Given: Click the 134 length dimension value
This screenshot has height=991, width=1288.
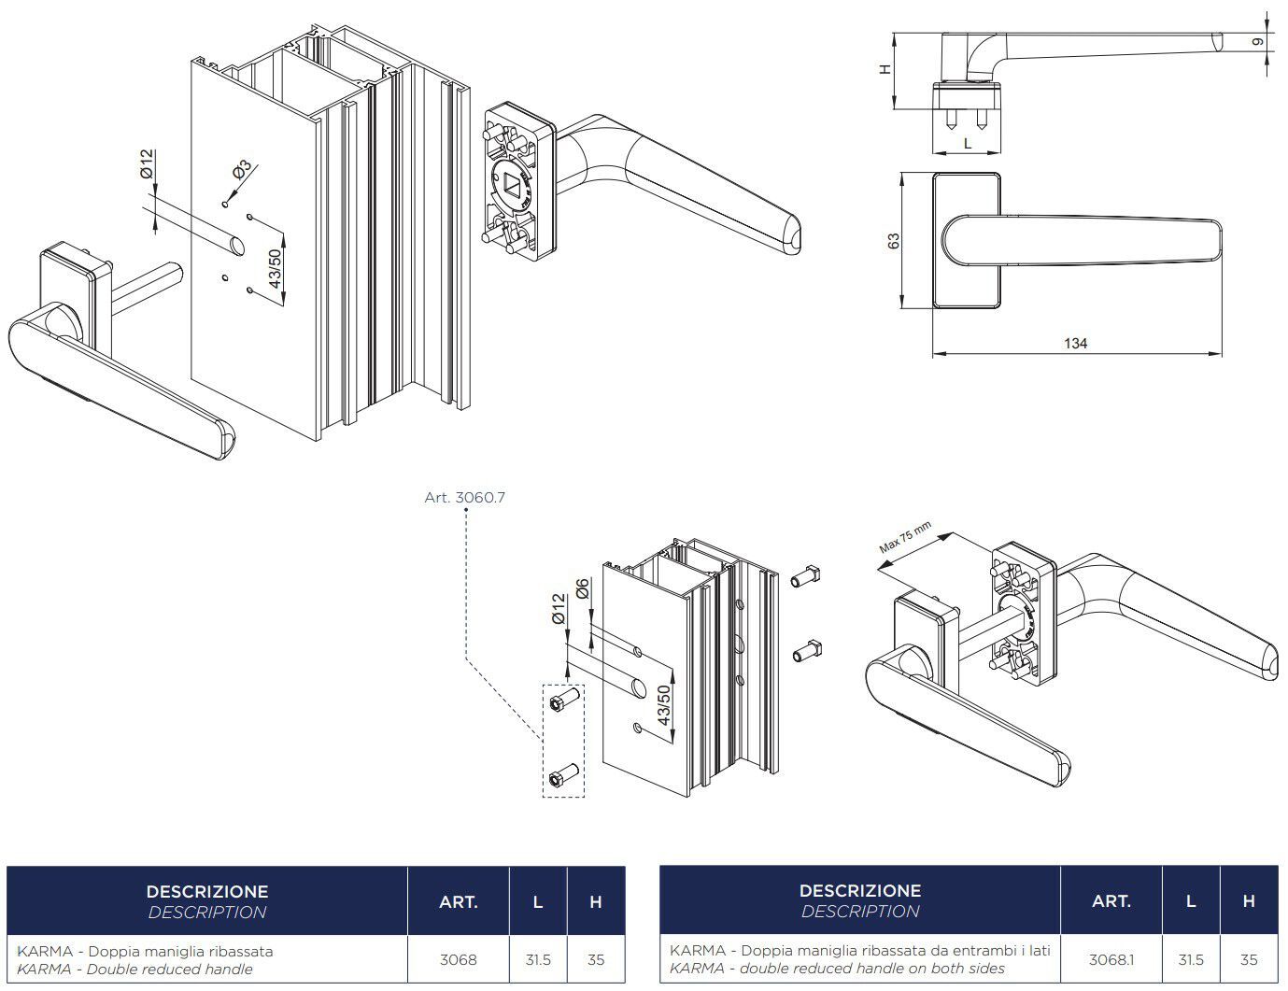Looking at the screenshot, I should pos(1075,344).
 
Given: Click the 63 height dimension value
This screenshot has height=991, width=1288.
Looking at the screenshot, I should pos(894,241).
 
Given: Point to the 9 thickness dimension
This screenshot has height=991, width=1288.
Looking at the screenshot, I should pos(1258,42).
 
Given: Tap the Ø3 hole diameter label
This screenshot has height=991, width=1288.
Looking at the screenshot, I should pos(241,171).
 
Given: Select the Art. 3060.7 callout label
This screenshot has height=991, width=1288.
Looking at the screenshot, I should pos(464,498).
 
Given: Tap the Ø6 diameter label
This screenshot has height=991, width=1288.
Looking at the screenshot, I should pos(583,589).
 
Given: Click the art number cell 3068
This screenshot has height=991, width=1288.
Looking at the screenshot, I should pos(458,959).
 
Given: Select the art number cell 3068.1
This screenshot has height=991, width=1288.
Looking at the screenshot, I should pos(1111,959).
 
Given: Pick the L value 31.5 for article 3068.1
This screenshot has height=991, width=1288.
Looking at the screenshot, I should pos(1190,959).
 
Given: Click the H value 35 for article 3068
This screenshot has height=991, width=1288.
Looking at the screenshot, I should pos(595,959).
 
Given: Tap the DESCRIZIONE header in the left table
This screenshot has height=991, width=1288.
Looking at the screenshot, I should pos(206,892).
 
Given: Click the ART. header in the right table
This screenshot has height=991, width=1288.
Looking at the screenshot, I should pos(1111,901).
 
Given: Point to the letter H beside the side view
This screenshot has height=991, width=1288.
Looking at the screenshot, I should pos(886,68).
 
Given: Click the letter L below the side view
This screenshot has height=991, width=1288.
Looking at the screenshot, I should pos(968,144).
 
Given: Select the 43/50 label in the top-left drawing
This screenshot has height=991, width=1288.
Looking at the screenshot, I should pos(275,271).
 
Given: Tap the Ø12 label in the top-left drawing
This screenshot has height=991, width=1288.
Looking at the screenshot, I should pos(147,163).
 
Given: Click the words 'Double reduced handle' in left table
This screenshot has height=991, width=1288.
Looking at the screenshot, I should pos(169,970).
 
